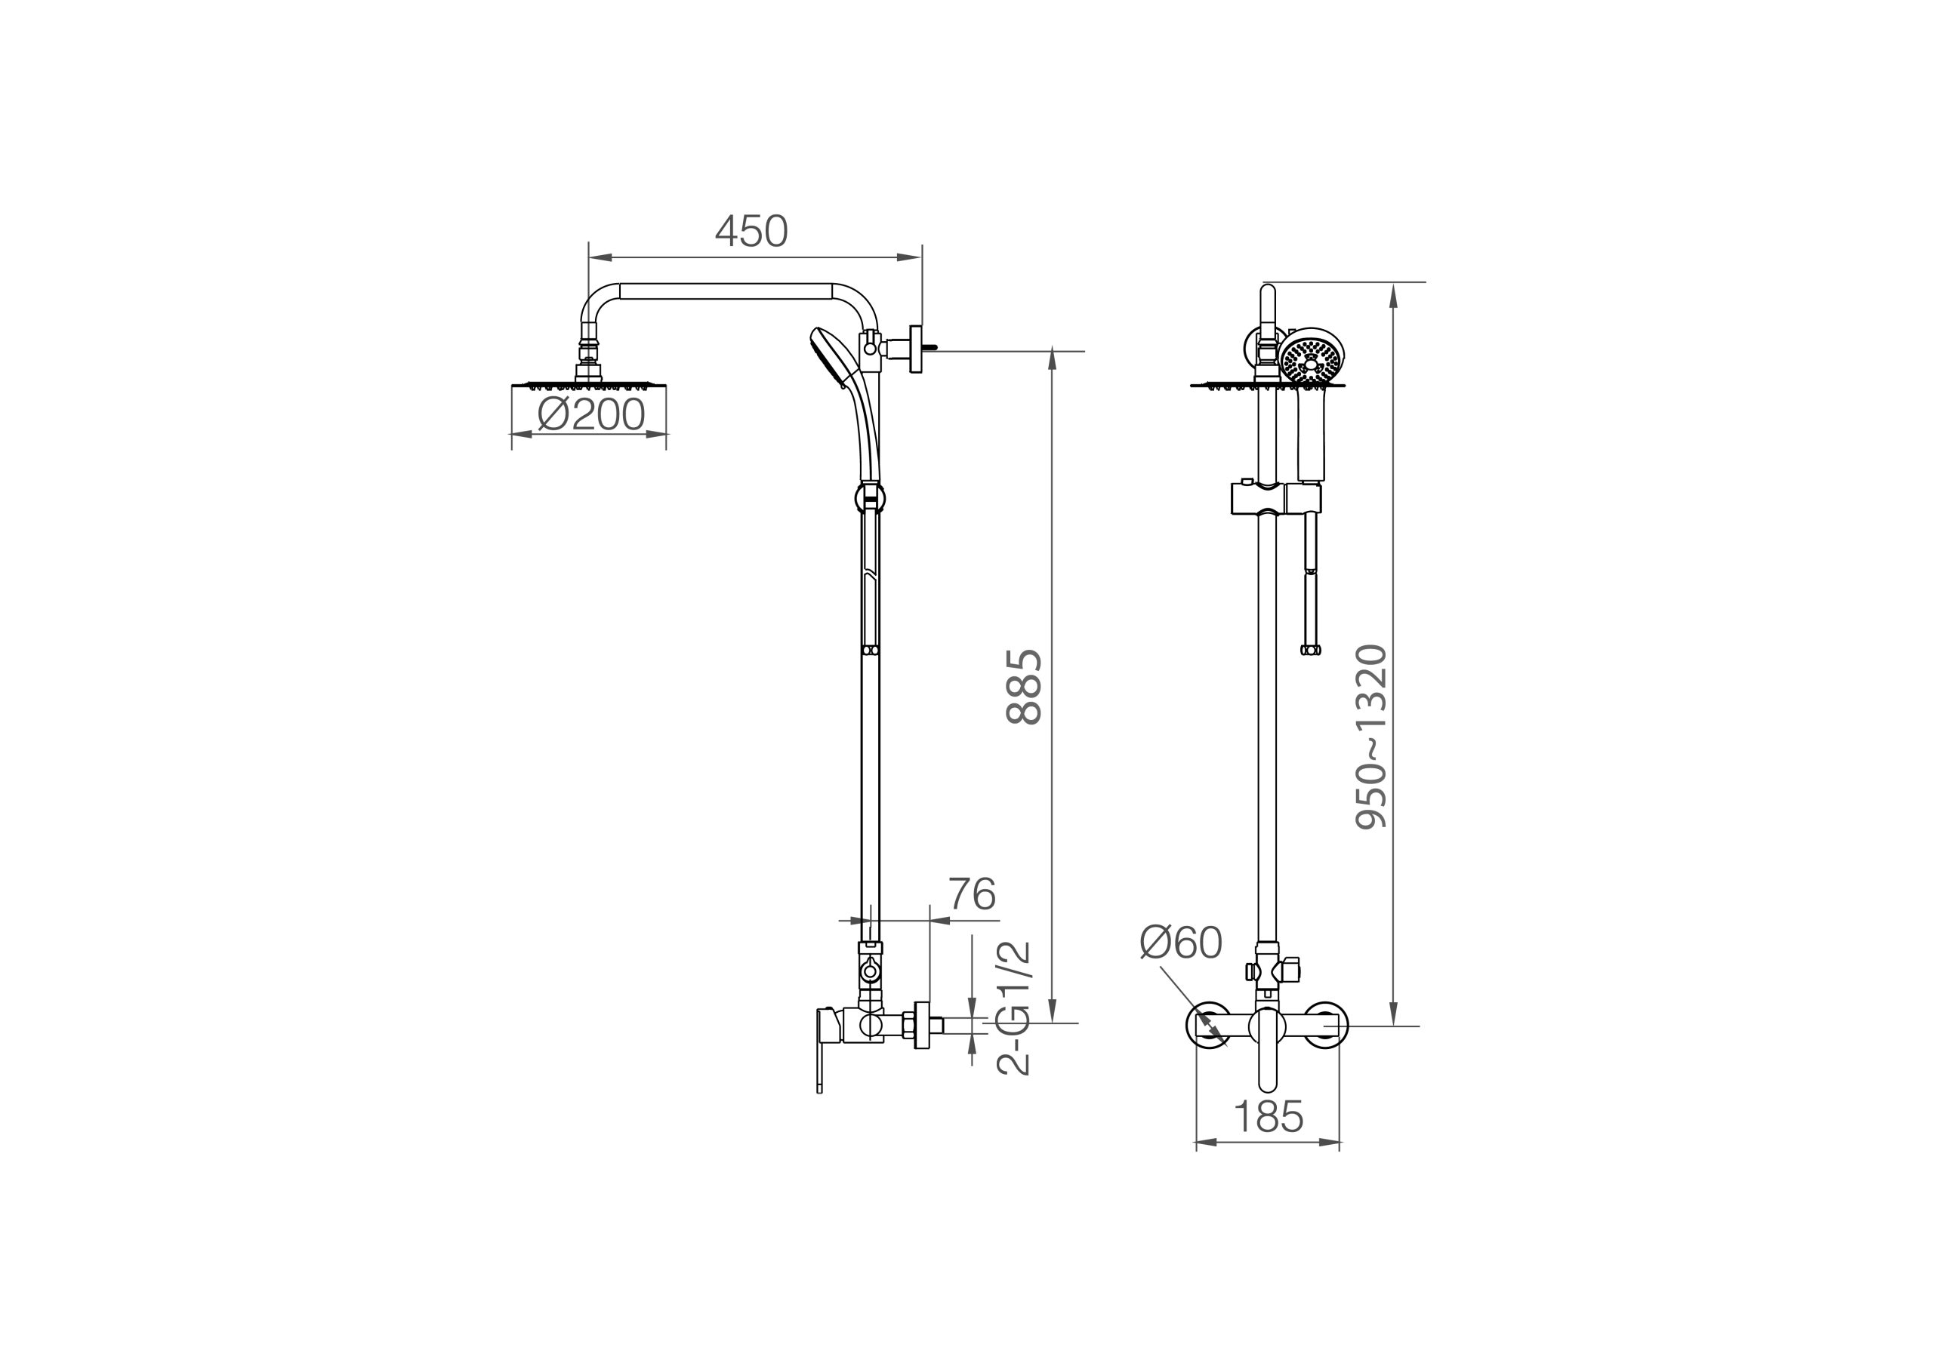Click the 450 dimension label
tap(751, 231)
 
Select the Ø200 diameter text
tap(591, 414)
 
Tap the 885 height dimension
tap(1025, 687)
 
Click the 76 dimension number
tap(973, 894)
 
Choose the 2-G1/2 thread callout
tap(1013, 1008)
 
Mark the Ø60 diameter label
tap(1180, 942)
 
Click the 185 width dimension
tap(1268, 1117)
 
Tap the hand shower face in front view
tap(1311, 358)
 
